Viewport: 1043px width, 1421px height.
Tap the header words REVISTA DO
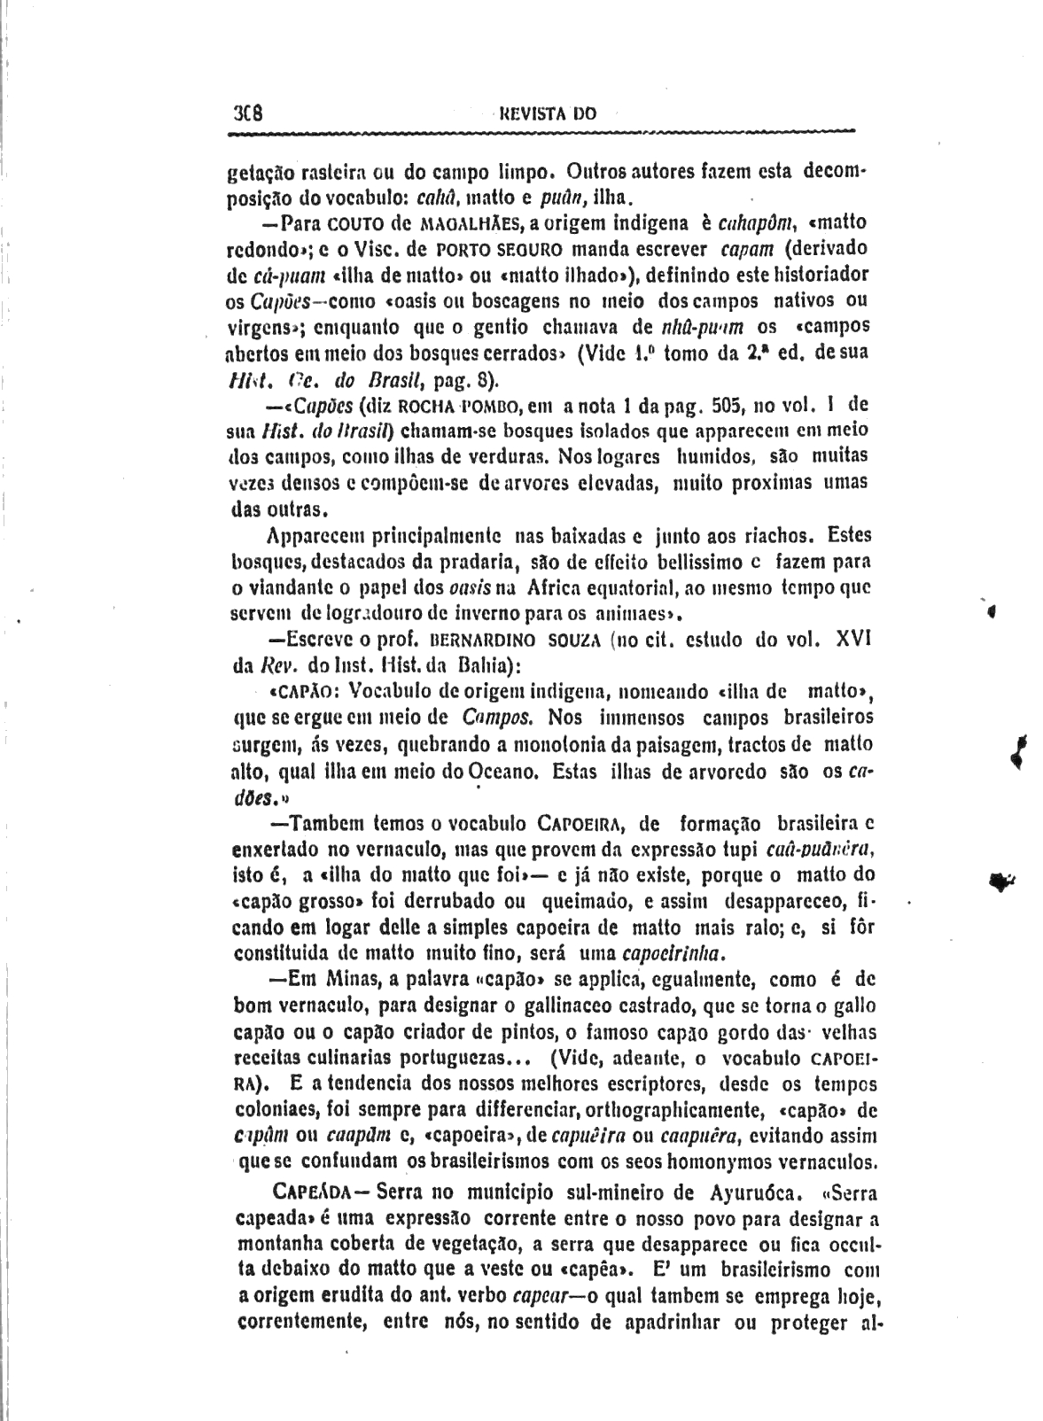(548, 113)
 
